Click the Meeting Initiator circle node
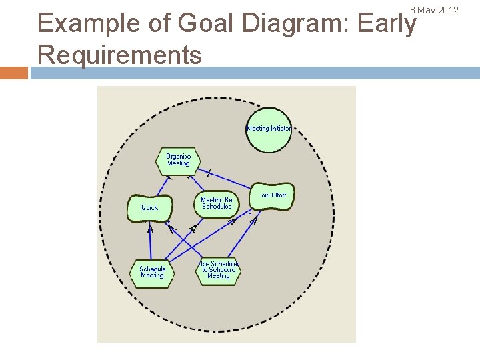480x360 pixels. (269, 129)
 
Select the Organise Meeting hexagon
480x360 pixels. (178, 161)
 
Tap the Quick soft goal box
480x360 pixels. (149, 208)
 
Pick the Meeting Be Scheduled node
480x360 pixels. (217, 203)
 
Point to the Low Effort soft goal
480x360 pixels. (273, 196)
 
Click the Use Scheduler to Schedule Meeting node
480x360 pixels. (218, 271)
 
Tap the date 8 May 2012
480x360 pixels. (434, 10)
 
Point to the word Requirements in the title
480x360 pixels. (120, 55)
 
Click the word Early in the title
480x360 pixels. (387, 23)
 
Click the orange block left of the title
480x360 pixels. (14, 73)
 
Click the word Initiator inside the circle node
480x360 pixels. (281, 129)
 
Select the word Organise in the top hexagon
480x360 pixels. (178, 157)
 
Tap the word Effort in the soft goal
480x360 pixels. (279, 195)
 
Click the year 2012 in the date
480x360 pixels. (448, 10)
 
